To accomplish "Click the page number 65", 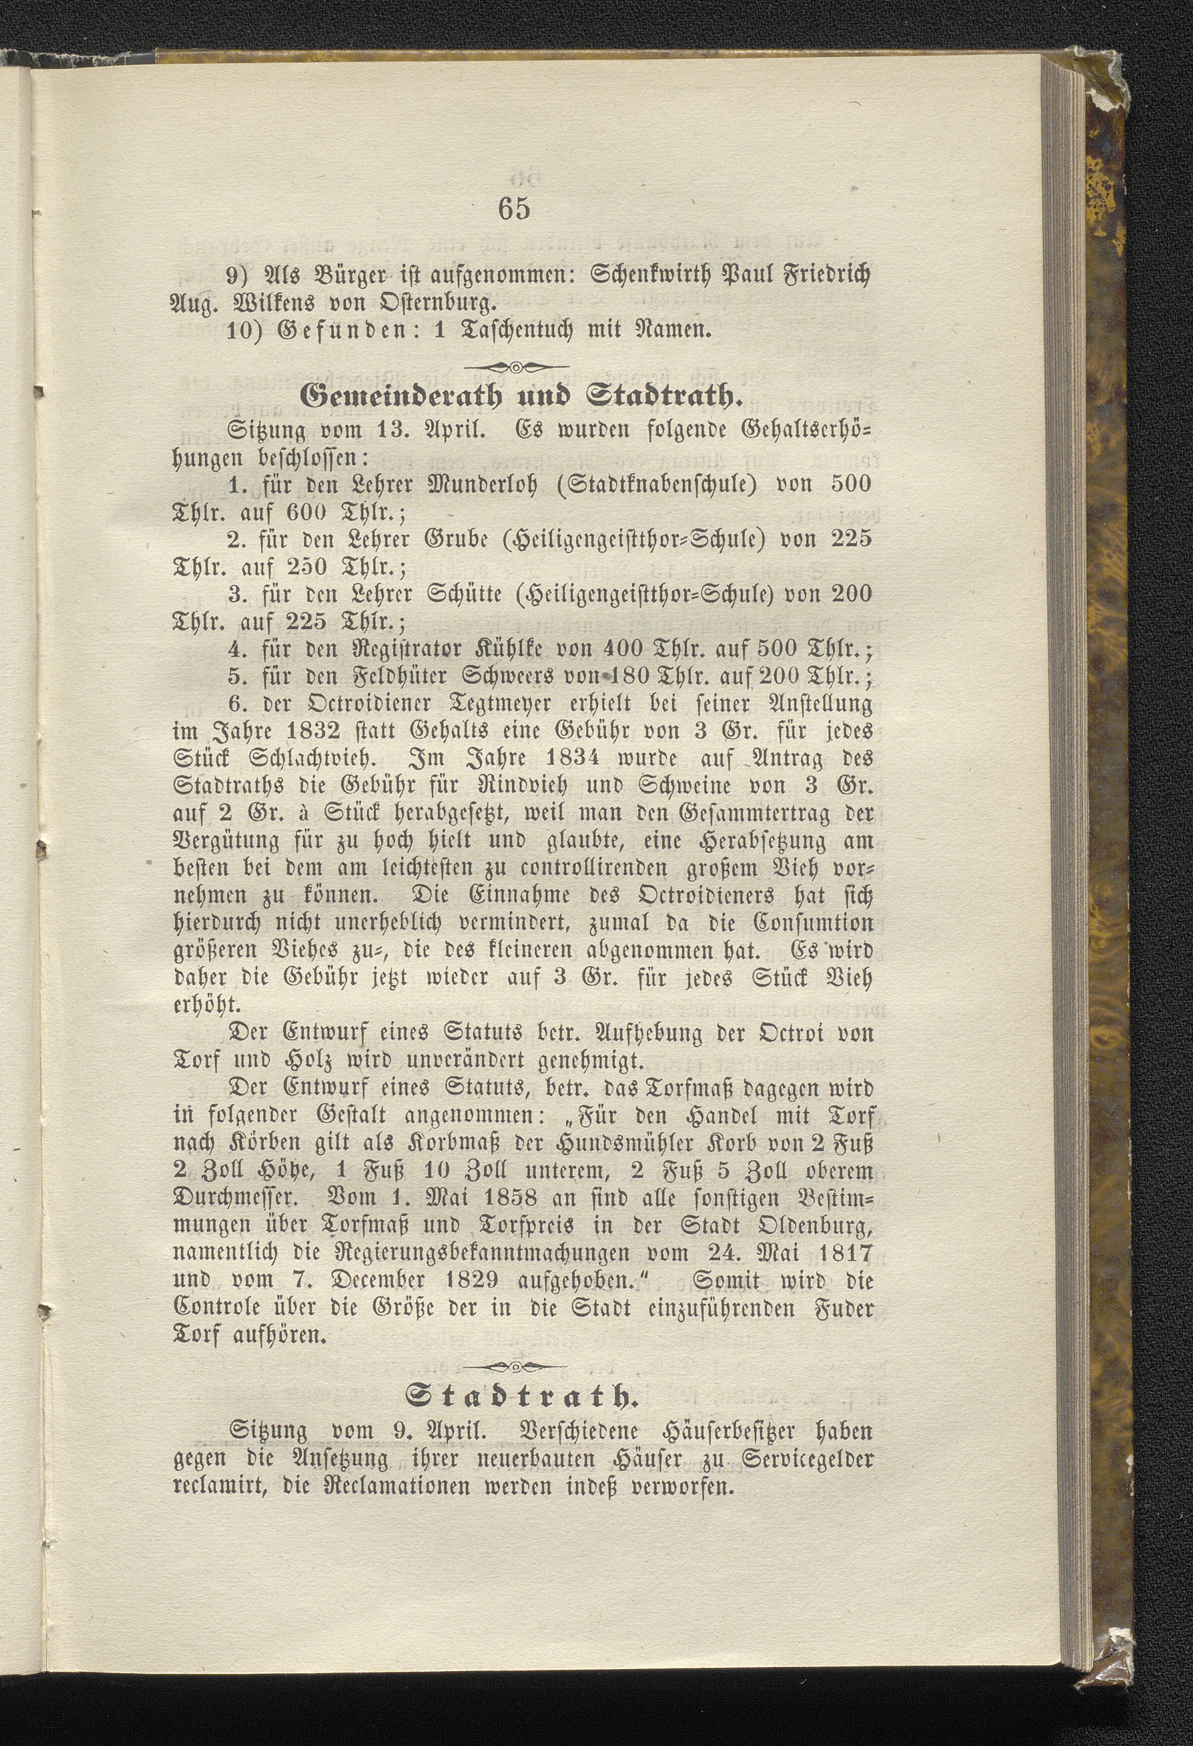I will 515,208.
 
